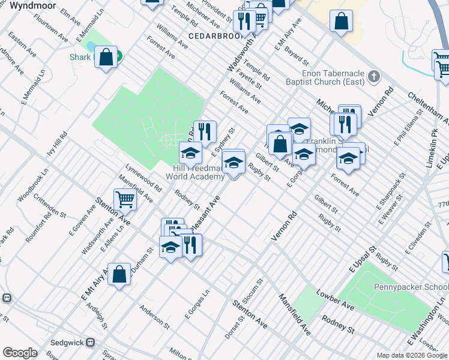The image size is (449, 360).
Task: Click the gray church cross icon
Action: (x=374, y=77)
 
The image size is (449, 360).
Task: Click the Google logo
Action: (x=20, y=353)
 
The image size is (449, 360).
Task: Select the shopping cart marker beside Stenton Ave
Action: (x=125, y=199)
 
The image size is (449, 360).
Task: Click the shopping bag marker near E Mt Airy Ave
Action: (x=119, y=274)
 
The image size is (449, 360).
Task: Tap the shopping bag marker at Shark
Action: (x=106, y=58)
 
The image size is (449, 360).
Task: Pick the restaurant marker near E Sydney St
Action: (x=205, y=131)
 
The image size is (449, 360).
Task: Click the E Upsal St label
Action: (x=363, y=259)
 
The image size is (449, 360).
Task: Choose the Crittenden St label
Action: (x=49, y=205)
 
